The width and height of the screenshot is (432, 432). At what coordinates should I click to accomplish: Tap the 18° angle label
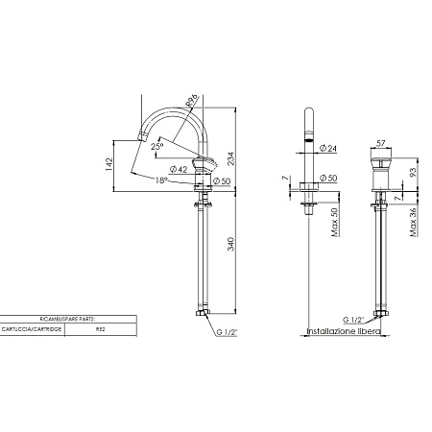click(x=161, y=179)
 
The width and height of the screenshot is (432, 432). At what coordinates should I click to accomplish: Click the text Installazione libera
click(x=343, y=330)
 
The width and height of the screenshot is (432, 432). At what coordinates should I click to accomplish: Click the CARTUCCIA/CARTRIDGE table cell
click(x=35, y=328)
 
